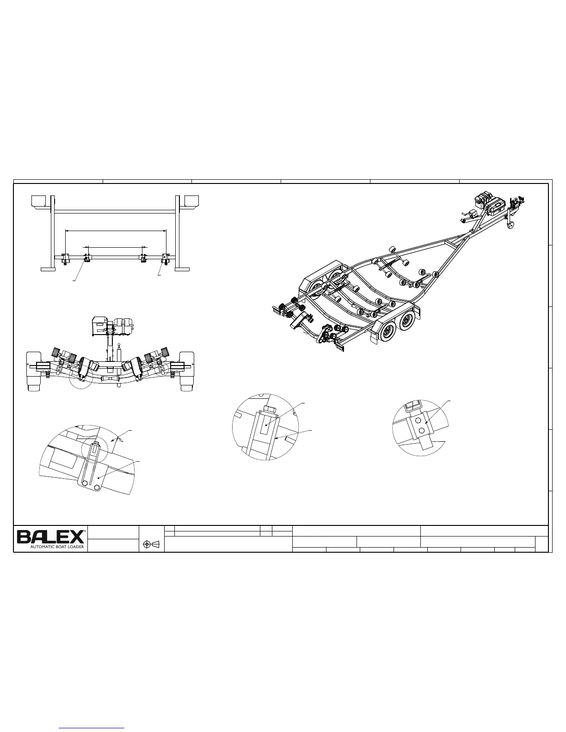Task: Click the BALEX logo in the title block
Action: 50,537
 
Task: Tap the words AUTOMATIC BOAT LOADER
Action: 57,547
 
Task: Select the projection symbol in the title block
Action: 151,544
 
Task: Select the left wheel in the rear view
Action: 34,371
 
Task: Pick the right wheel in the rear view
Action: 187,371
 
